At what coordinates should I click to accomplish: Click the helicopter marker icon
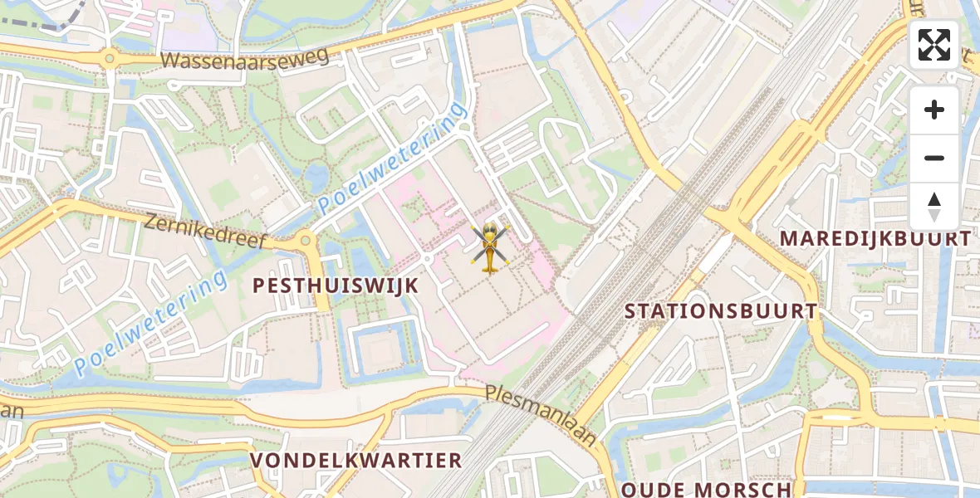coord(491,247)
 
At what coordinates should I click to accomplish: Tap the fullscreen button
coord(934,45)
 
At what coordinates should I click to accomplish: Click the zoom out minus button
coord(934,159)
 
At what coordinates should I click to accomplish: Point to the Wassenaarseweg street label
coord(245,58)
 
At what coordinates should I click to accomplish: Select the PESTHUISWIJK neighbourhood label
coord(336,286)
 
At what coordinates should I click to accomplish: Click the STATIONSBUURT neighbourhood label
coord(720,311)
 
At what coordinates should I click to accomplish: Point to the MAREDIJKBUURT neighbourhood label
coord(875,239)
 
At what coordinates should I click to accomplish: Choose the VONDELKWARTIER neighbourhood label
coord(356,461)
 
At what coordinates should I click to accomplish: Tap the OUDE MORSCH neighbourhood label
coord(706,489)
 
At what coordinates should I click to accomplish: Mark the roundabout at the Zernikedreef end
coord(306,241)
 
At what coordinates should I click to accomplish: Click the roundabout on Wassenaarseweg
coord(109,58)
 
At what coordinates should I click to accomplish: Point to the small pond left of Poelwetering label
coord(316,176)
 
